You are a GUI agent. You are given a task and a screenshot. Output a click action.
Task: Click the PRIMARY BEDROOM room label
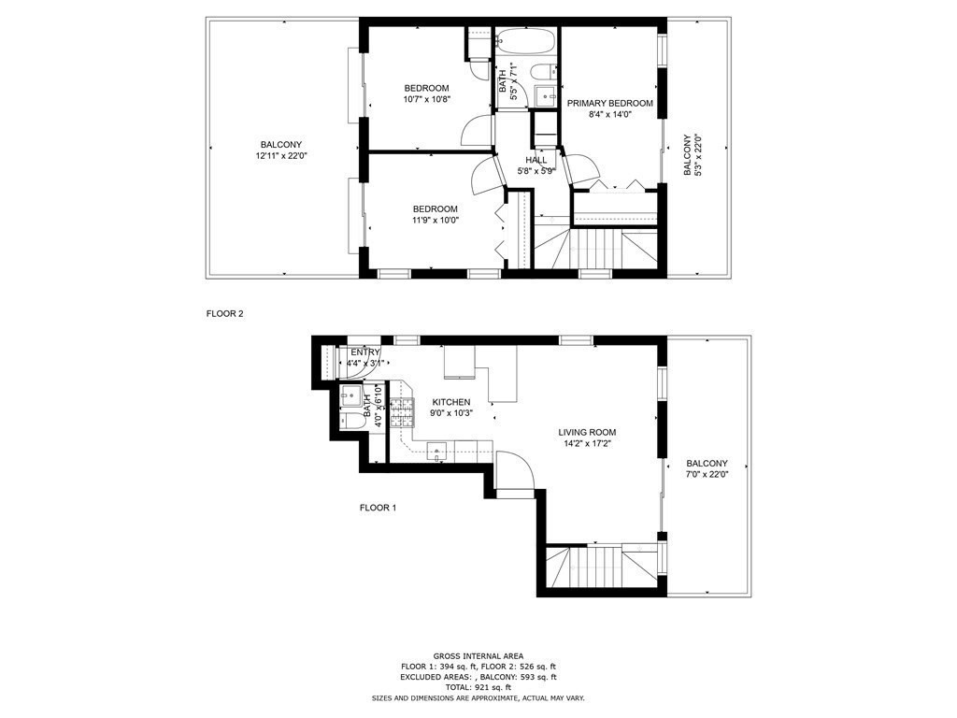pos(609,103)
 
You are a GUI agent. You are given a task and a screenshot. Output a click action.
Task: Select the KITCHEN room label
pos(451,402)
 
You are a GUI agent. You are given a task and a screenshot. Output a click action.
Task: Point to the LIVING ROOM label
pos(587,432)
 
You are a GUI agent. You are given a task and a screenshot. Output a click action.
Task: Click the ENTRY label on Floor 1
pos(365,352)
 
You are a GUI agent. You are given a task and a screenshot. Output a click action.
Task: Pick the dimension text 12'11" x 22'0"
pos(280,156)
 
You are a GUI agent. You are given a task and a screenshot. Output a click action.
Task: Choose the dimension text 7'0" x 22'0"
pos(707,474)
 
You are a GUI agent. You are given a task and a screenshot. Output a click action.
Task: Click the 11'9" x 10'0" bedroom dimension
pos(435,220)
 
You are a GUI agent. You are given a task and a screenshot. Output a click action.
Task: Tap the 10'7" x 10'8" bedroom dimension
pos(426,99)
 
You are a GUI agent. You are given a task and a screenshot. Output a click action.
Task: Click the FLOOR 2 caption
pos(225,314)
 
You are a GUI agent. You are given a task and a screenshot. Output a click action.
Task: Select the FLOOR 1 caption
pos(378,508)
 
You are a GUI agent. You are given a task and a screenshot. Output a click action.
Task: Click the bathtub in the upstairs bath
pos(526,42)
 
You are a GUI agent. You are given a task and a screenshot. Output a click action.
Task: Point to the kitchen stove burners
pos(402,412)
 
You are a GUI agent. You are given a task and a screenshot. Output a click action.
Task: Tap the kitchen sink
pos(437,452)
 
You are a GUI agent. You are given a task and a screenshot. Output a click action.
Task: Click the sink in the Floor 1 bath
pos(351,395)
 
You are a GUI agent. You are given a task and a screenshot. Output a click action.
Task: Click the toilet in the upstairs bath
pos(544,73)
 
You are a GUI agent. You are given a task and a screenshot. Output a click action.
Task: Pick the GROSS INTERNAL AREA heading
pos(478,656)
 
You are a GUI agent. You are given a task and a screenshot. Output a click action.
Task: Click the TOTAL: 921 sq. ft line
pos(478,687)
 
